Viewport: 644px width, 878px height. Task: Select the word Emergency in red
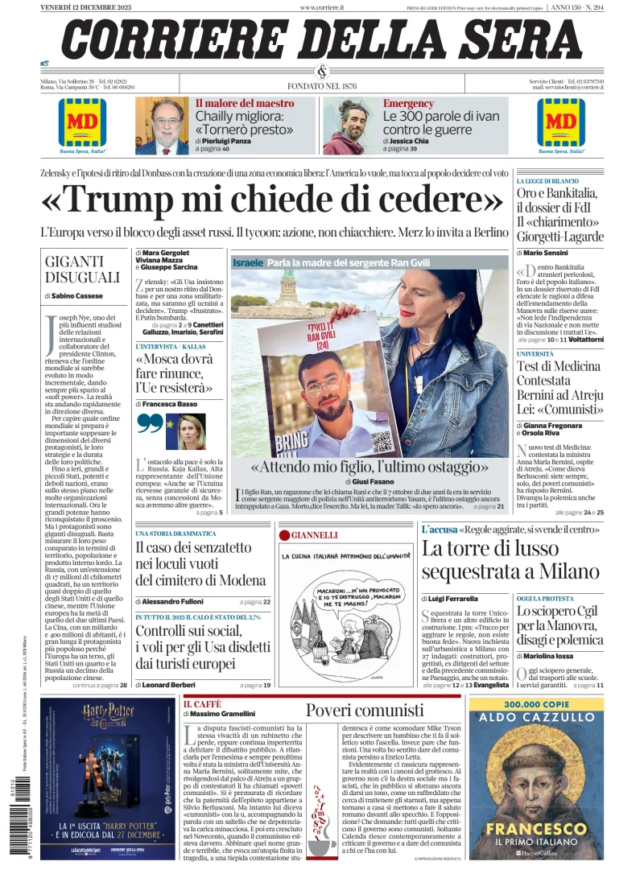pos(408,104)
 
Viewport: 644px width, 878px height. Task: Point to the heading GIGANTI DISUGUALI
pos(82,269)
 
